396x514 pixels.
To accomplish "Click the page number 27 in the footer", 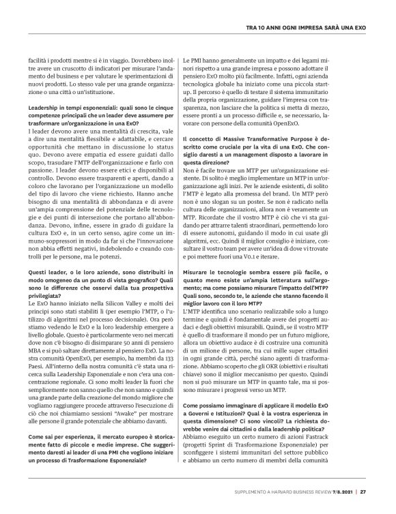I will coord(363,490).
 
